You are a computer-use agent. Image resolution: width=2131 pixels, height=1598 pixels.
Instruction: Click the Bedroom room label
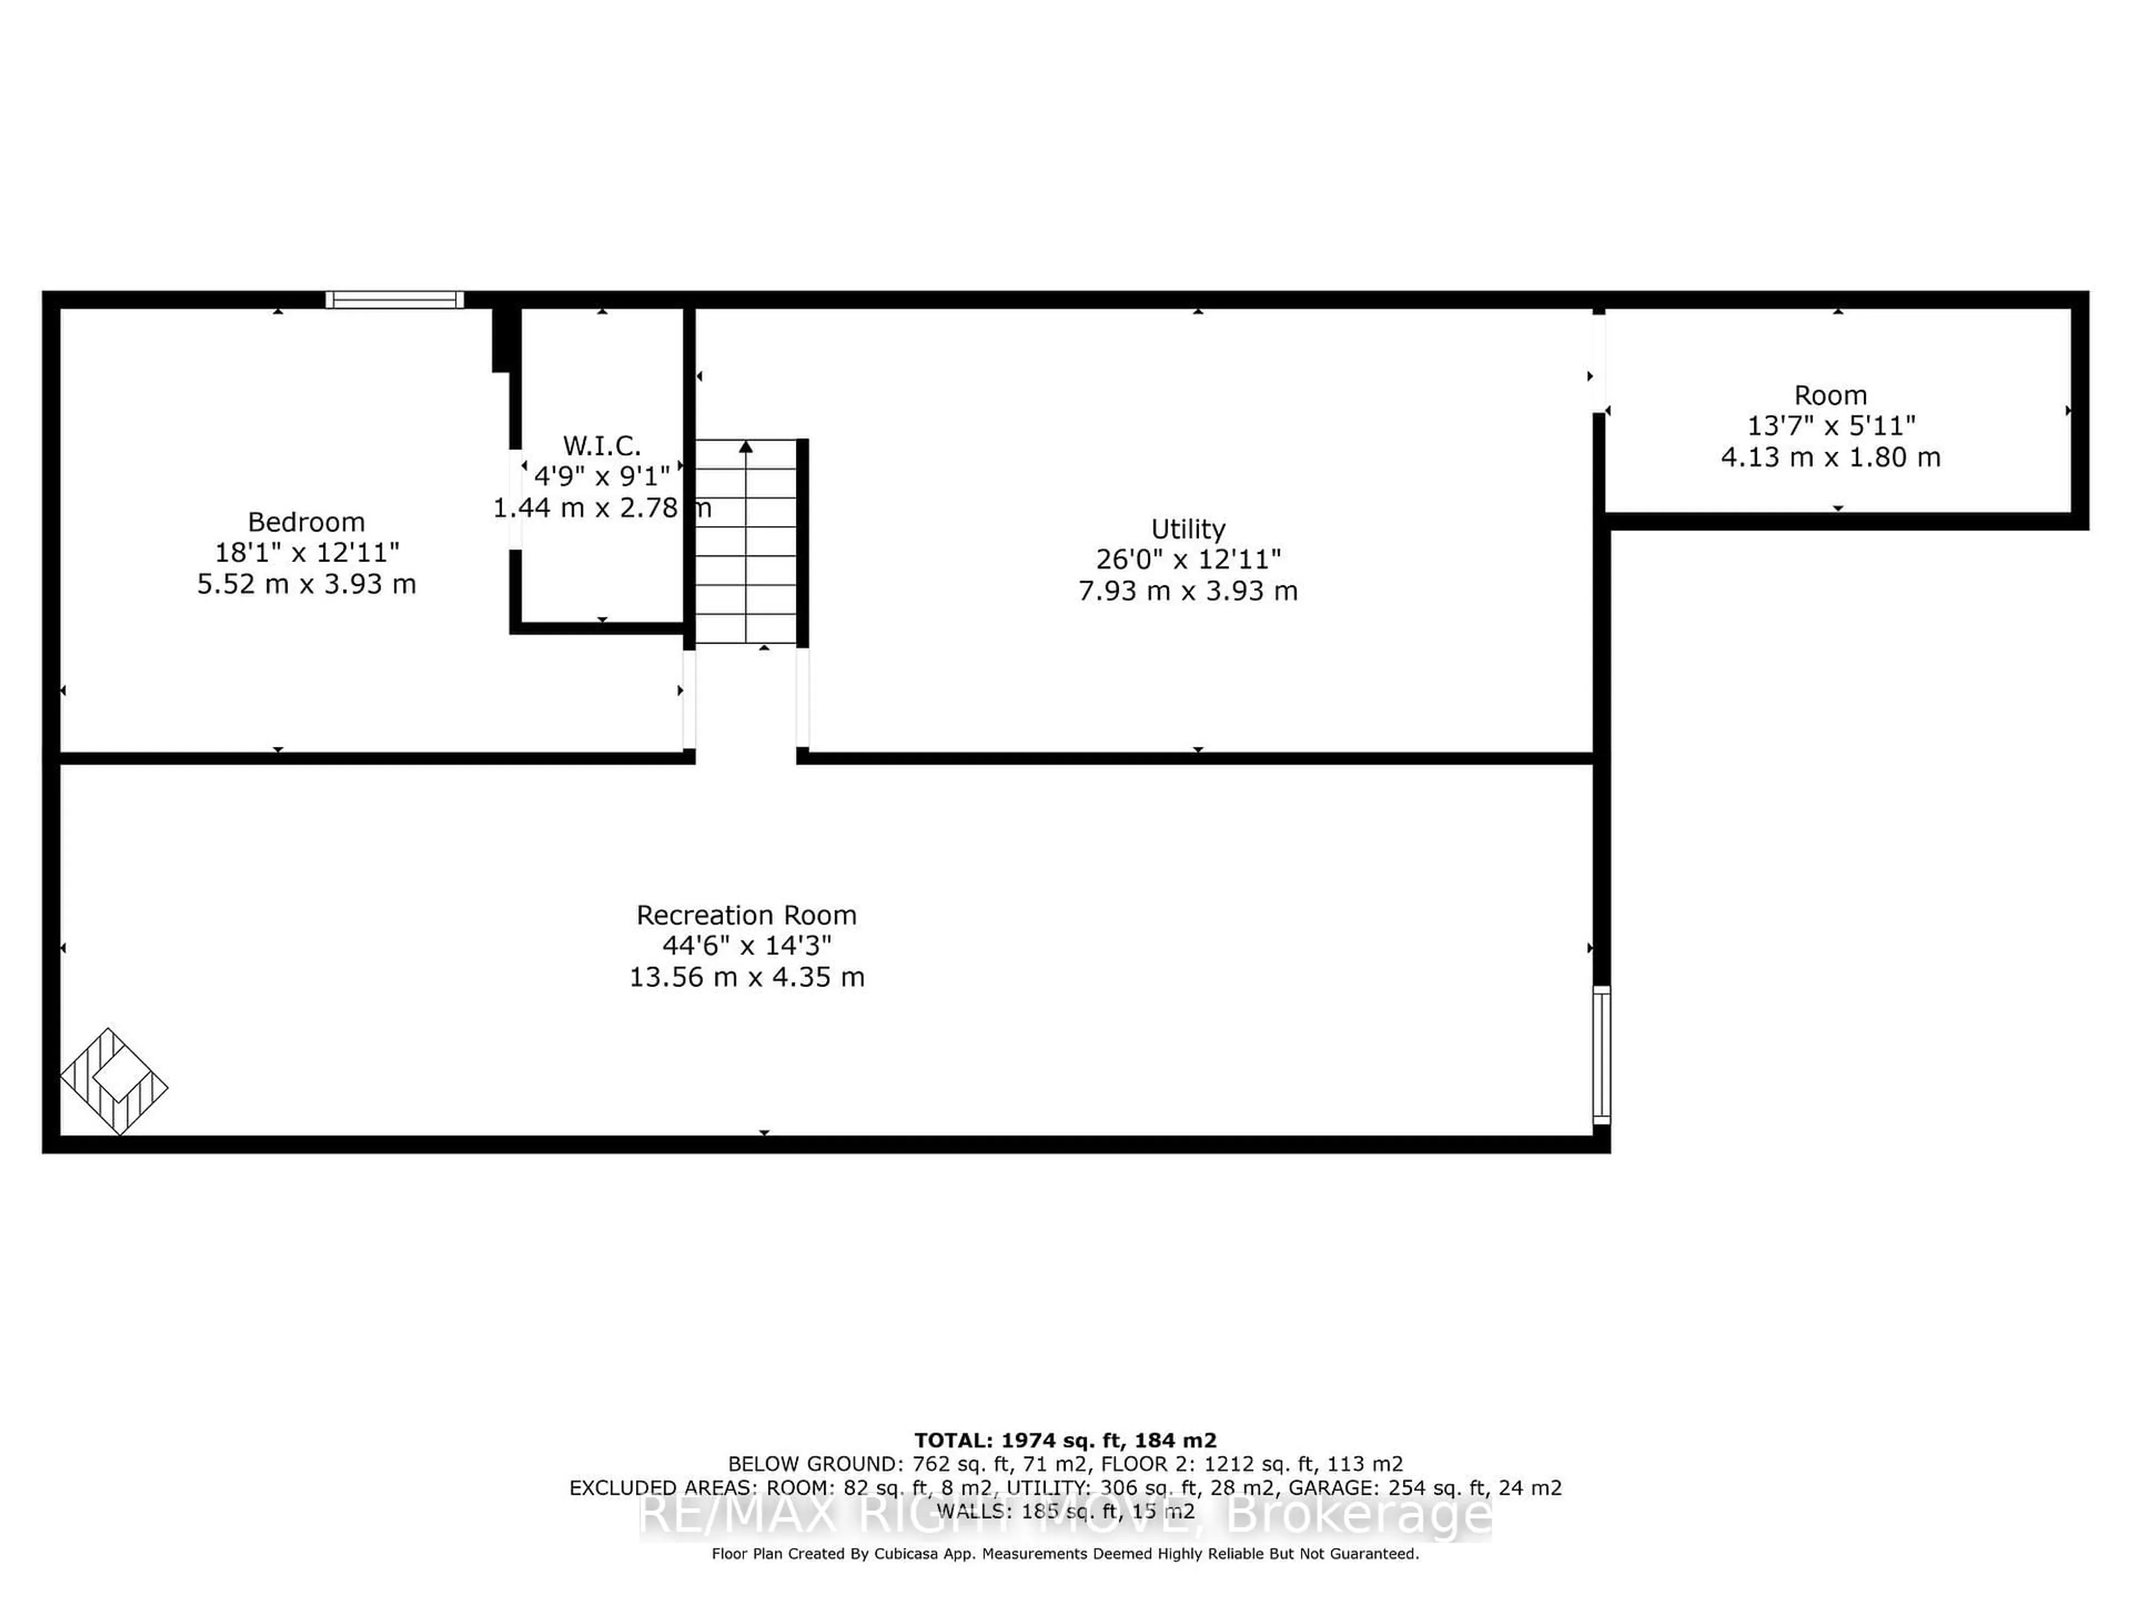[306, 522]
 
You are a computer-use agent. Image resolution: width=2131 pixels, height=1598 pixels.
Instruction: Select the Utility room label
[1188, 529]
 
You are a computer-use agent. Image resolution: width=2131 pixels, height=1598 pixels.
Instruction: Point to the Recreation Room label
[746, 915]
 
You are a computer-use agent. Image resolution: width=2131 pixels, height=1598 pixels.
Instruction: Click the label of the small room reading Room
[1830, 395]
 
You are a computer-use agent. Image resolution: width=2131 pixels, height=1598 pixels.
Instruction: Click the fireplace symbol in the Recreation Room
[114, 1081]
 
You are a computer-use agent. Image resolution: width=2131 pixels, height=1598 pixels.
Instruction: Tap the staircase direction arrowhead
[746, 447]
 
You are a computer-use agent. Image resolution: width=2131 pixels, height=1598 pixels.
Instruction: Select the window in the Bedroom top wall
[394, 300]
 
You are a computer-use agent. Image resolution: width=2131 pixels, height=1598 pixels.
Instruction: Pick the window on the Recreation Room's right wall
[1601, 1055]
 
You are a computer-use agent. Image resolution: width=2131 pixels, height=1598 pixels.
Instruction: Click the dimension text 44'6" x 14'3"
[746, 946]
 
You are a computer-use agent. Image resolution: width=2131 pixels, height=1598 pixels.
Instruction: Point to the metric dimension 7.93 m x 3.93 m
[1188, 590]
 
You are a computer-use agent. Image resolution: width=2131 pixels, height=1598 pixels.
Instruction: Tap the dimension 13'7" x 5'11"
[1830, 426]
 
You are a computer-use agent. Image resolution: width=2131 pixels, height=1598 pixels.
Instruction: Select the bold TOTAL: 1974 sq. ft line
[1064, 1440]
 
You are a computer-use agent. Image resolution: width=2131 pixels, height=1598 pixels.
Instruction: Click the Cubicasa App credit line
[1064, 1554]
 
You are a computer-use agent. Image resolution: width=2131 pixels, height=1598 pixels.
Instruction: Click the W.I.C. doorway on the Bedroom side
[516, 499]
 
